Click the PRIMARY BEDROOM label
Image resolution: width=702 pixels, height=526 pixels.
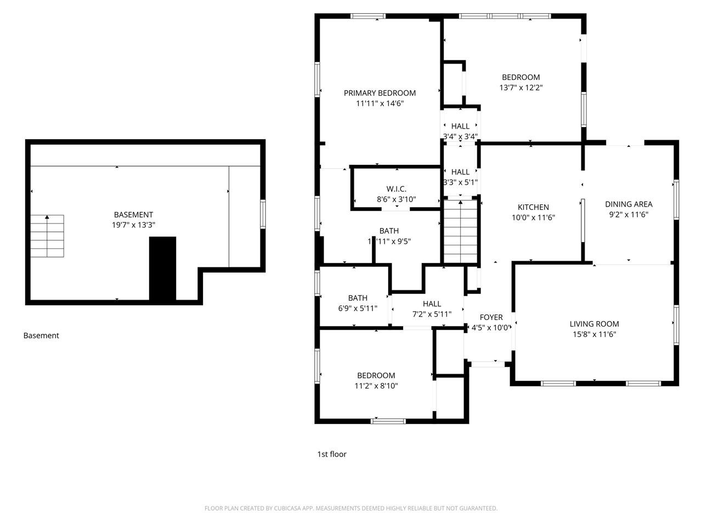[x=380, y=93]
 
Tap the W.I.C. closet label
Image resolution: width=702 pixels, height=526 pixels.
[x=396, y=189]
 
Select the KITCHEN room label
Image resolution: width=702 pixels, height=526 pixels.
[x=533, y=207]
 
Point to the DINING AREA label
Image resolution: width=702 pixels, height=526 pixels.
[x=629, y=204]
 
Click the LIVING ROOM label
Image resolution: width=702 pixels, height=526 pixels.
[x=594, y=324]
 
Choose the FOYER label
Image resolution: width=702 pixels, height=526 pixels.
[x=491, y=317]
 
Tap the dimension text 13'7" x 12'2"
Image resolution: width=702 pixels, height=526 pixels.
[x=520, y=88]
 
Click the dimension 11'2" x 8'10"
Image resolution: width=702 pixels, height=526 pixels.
[x=376, y=386]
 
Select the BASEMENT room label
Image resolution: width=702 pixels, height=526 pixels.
[x=133, y=215]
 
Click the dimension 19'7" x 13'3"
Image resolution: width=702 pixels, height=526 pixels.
[x=133, y=225]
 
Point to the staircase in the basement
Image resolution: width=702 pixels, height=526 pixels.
[x=47, y=236]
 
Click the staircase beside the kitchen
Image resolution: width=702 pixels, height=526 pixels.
[x=460, y=231]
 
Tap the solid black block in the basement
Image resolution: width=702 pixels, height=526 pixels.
[x=162, y=268]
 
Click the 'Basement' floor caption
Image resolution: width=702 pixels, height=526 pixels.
[x=41, y=335]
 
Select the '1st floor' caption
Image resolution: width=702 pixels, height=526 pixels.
[x=332, y=454]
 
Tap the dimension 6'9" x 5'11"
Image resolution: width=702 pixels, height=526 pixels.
[x=358, y=308]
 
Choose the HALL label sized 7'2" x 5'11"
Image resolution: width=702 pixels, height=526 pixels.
[x=432, y=304]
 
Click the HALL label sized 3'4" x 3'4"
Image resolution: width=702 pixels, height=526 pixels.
[x=460, y=126]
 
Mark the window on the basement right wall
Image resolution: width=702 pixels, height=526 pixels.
[x=263, y=214]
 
